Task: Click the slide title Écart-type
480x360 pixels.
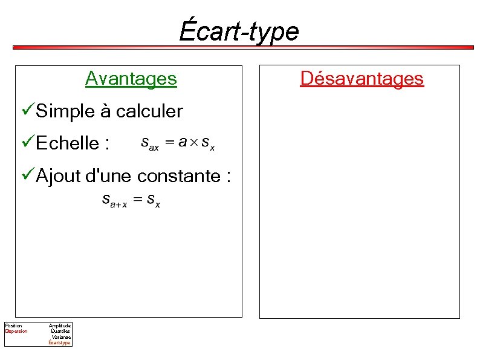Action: (239, 31)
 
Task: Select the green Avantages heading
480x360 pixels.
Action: (131, 79)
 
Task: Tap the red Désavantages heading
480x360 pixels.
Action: (362, 79)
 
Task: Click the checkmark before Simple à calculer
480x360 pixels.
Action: (27, 111)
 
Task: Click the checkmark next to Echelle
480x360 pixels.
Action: (27, 143)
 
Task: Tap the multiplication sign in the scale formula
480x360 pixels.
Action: (194, 143)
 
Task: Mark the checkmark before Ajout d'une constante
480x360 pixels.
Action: (27, 175)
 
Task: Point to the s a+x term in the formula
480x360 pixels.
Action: (114, 200)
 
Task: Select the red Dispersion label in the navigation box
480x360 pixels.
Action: (16, 332)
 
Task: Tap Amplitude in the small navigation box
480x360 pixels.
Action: (60, 326)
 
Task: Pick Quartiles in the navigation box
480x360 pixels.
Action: (60, 332)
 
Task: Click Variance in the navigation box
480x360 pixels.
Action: (61, 337)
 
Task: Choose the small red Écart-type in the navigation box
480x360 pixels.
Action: (60, 343)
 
